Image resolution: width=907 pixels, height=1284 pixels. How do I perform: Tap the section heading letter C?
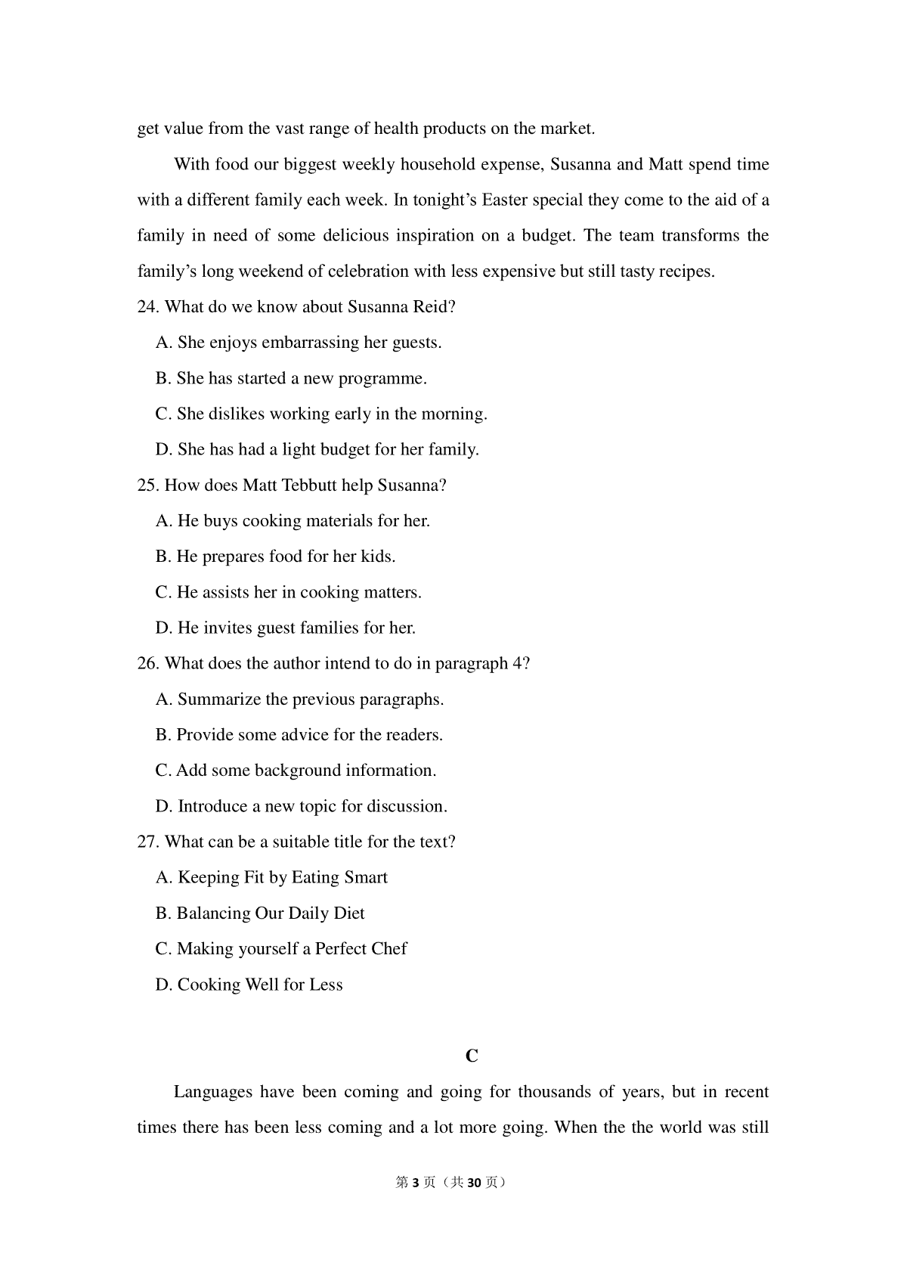pos(472,1056)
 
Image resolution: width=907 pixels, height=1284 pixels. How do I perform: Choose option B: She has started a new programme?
pos(291,378)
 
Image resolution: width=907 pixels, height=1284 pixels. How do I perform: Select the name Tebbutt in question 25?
pos(309,485)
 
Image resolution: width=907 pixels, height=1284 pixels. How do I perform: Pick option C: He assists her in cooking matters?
pos(288,592)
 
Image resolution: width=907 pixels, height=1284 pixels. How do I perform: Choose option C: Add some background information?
pos(296,771)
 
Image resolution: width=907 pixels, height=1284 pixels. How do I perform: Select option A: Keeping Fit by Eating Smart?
pos(271,878)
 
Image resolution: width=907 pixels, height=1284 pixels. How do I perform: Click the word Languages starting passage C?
pos(212,1092)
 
